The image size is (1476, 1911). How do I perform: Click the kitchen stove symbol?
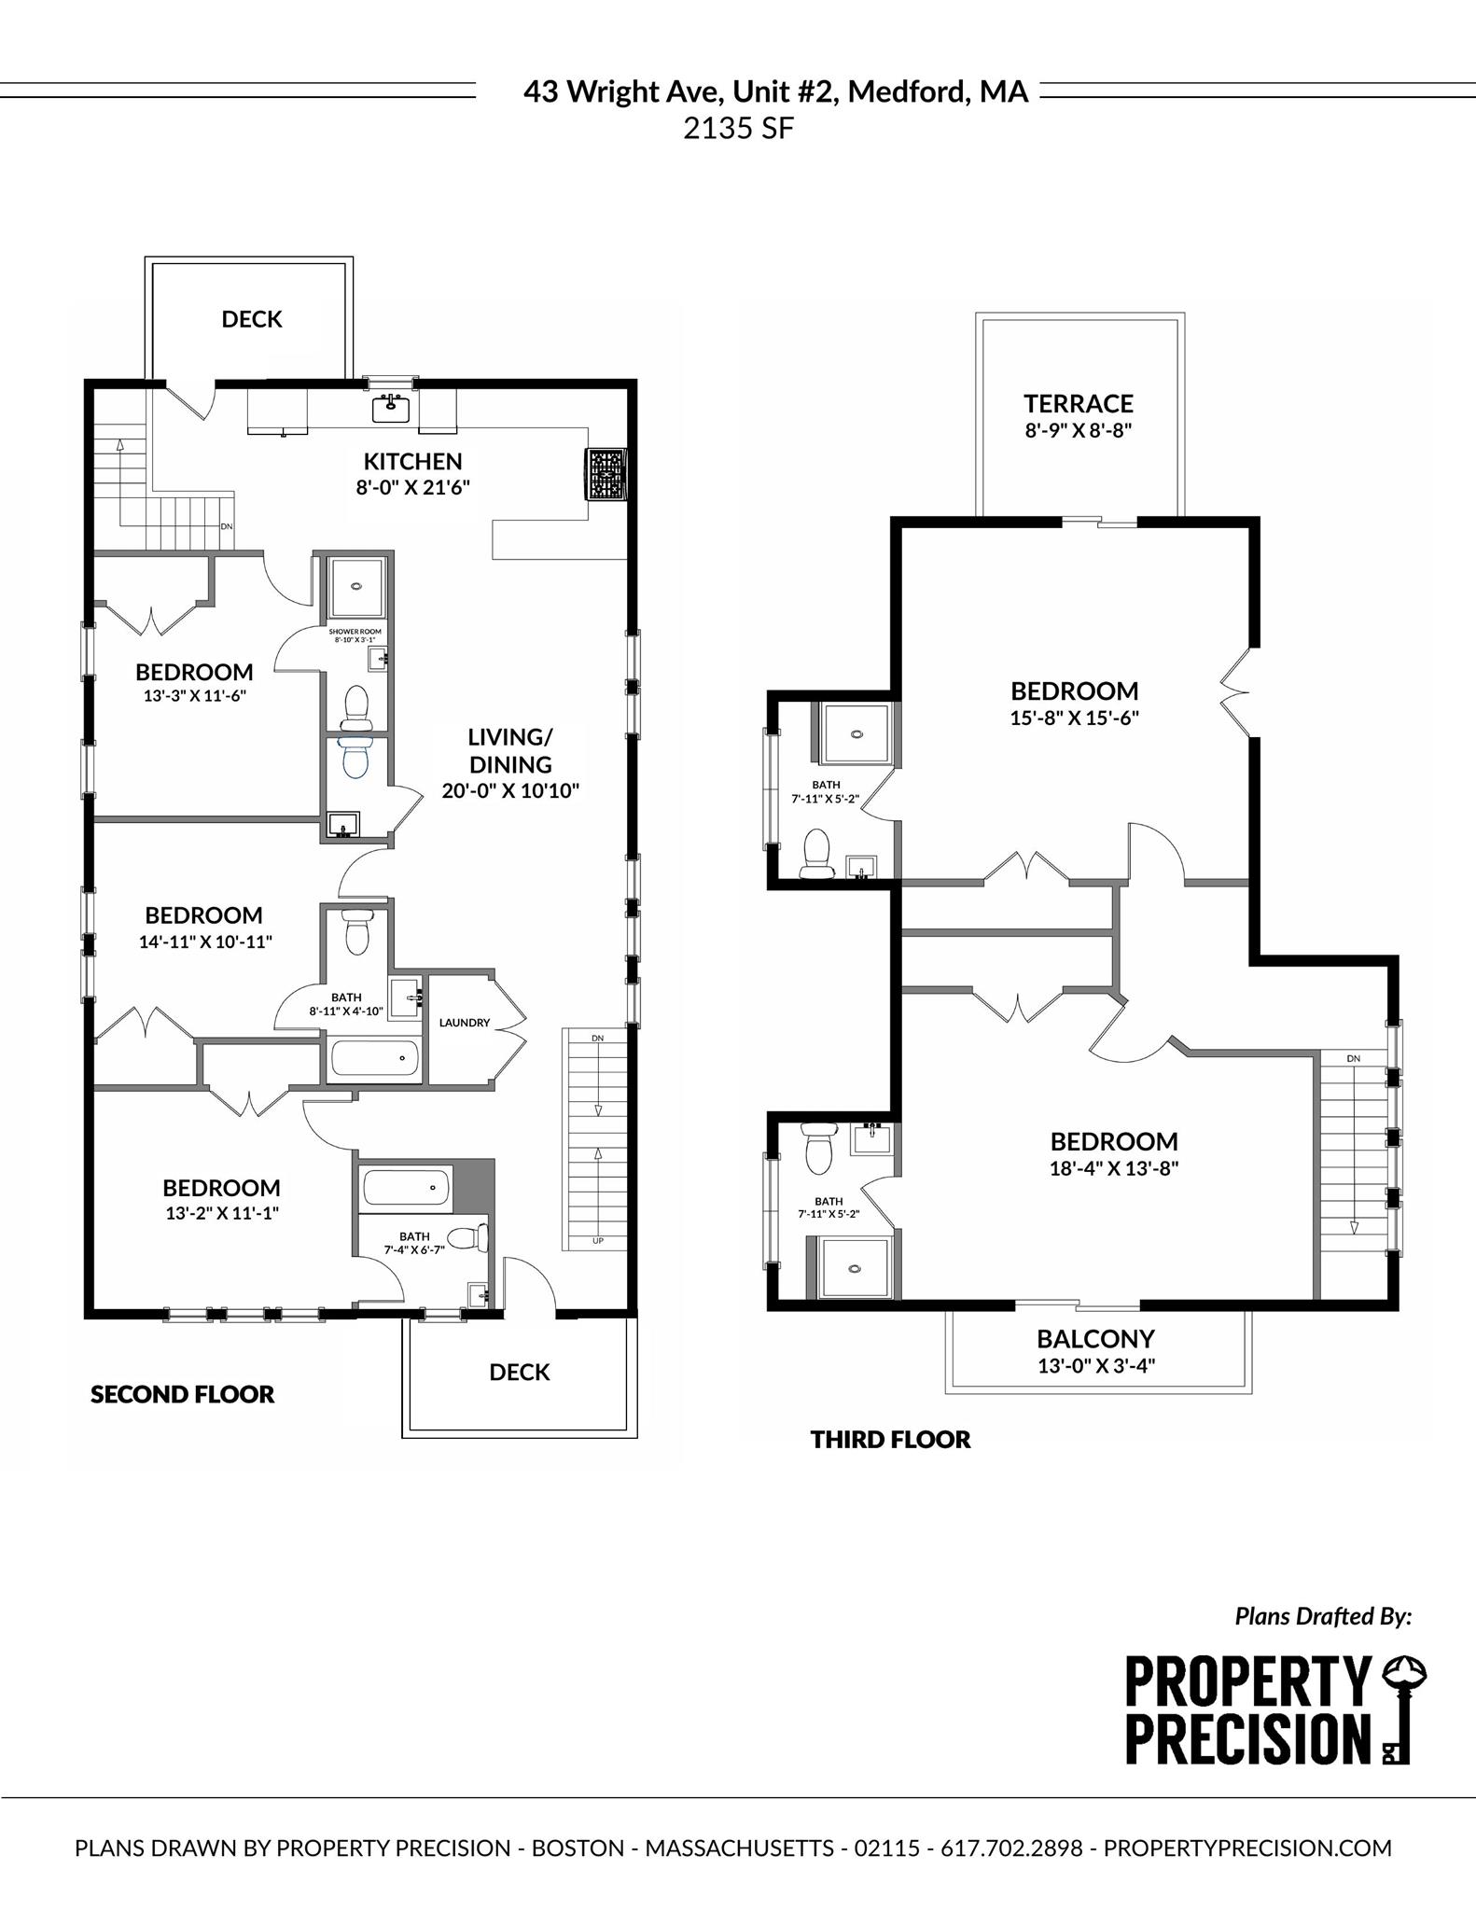pos(606,474)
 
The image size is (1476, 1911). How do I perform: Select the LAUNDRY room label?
pos(465,1023)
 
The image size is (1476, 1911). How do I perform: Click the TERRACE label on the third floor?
pos(1079,404)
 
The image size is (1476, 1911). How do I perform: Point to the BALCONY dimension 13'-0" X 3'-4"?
pos(1096,1365)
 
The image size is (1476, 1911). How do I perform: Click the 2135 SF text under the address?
pos(738,129)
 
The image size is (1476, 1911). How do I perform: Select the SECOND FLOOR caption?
pos(183,1394)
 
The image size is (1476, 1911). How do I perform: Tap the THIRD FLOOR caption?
pos(890,1439)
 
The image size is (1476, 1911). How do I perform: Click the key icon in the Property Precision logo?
pos(1402,1709)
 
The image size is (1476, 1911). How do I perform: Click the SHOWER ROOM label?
pos(355,632)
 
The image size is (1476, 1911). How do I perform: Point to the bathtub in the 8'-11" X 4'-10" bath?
pos(374,1059)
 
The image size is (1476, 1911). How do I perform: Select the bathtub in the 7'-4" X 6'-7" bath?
pos(407,1188)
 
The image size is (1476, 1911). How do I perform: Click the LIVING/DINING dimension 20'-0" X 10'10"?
pos(510,791)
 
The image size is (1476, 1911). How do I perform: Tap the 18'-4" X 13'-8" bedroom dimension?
pos(1114,1168)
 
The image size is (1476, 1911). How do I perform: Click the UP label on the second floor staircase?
pos(596,1241)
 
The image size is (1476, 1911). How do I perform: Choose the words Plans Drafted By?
pos(1323,1616)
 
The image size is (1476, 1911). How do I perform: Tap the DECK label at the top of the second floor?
pos(252,319)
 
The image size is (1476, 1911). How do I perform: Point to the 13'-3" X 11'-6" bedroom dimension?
pos(194,695)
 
